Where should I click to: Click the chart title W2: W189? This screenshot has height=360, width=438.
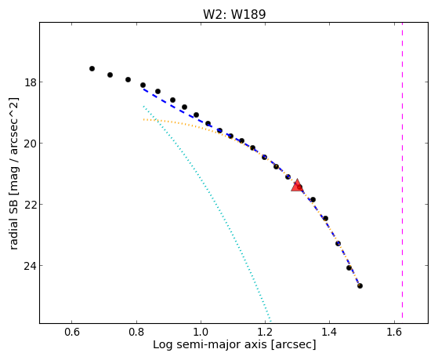pyautogui.click(x=234, y=14)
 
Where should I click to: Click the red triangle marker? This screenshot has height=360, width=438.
pyautogui.click(x=297, y=185)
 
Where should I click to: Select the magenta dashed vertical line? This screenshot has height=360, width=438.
pyautogui.click(x=402, y=170)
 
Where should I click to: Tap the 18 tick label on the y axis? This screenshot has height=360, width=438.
pyautogui.click(x=29, y=82)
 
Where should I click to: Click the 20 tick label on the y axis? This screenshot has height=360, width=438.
pyautogui.click(x=29, y=144)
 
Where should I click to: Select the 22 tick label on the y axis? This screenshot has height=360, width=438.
pyautogui.click(x=29, y=205)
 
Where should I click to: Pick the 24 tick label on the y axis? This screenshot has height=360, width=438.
pyautogui.click(x=29, y=265)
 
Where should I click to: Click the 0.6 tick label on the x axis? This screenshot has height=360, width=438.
pyautogui.click(x=72, y=333)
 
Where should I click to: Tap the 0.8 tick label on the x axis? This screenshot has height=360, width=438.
pyautogui.click(x=136, y=333)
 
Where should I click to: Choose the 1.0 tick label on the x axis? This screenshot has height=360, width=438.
pyautogui.click(x=201, y=333)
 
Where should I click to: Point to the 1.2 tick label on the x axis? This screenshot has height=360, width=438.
pyautogui.click(x=265, y=333)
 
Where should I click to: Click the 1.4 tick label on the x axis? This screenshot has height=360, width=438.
pyautogui.click(x=330, y=333)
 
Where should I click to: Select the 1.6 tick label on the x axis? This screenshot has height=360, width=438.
pyautogui.click(x=394, y=333)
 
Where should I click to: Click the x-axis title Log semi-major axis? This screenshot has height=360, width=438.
pyautogui.click(x=210, y=344)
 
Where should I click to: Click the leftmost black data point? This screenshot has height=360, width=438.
pyautogui.click(x=92, y=68)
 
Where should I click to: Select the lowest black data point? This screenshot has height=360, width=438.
pyautogui.click(x=360, y=285)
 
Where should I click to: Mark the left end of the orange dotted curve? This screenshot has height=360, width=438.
pyautogui.click(x=143, y=119)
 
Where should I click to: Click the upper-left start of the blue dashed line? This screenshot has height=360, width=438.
pyautogui.click(x=143, y=89)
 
